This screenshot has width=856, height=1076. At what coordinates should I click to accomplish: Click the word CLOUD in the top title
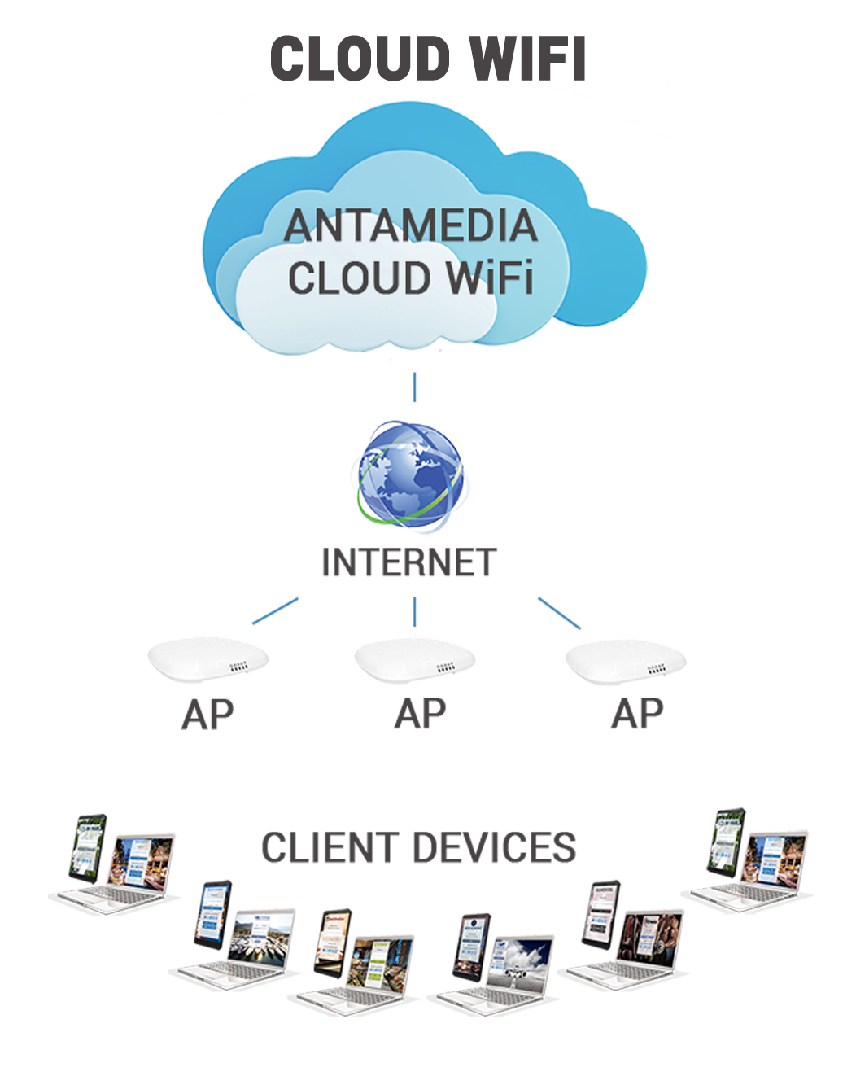tap(360, 59)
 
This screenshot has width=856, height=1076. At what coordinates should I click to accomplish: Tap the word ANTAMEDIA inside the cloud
tap(411, 226)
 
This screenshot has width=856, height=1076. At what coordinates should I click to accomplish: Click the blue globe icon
tap(410, 473)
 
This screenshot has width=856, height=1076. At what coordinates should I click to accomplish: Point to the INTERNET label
tap(408, 563)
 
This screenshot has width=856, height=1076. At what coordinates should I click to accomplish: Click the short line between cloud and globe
tap(414, 387)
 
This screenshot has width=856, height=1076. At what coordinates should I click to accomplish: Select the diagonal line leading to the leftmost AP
tap(276, 610)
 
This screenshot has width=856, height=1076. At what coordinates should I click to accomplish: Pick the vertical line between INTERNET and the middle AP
tap(414, 611)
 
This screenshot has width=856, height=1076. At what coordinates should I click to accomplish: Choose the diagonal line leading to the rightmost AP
tap(559, 613)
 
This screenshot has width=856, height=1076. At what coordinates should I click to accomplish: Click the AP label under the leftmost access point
tap(207, 715)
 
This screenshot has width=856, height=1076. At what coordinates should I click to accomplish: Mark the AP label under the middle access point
tap(420, 714)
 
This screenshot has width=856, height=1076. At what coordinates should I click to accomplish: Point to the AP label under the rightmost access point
tap(637, 714)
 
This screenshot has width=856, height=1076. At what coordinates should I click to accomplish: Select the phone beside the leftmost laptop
tap(90, 844)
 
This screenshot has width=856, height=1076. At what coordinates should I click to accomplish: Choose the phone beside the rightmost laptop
tap(727, 838)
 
